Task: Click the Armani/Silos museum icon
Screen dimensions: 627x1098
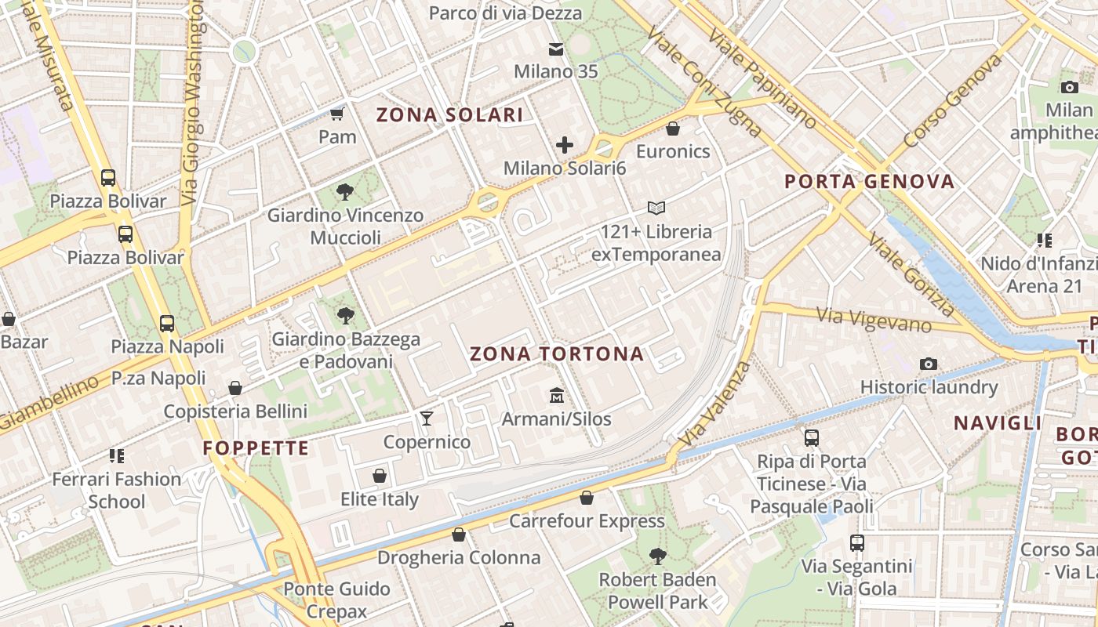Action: pyautogui.click(x=557, y=394)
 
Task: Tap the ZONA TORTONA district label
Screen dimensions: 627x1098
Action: pyautogui.click(x=557, y=354)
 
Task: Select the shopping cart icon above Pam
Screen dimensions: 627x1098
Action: pyautogui.click(x=337, y=114)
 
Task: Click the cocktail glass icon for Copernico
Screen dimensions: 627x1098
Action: pyautogui.click(x=426, y=418)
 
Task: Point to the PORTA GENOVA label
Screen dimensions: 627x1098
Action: pyautogui.click(x=870, y=182)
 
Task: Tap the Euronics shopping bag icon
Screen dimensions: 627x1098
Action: pyautogui.click(x=673, y=129)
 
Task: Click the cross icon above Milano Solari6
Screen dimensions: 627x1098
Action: pyautogui.click(x=565, y=145)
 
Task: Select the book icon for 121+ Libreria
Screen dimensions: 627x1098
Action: pyautogui.click(x=656, y=208)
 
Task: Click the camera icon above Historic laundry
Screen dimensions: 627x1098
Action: pyautogui.click(x=929, y=364)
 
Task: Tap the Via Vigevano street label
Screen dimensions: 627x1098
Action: pyautogui.click(x=874, y=320)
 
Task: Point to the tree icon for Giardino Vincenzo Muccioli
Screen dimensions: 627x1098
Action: pyautogui.click(x=344, y=191)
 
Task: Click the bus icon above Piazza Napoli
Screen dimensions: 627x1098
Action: pyautogui.click(x=167, y=323)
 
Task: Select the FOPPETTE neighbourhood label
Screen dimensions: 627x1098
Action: pyautogui.click(x=256, y=448)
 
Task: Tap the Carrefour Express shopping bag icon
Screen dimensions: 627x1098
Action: pyautogui.click(x=587, y=498)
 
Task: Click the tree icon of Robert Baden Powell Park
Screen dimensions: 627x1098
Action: pyautogui.click(x=657, y=556)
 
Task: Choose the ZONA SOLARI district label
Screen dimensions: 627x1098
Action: pyautogui.click(x=449, y=115)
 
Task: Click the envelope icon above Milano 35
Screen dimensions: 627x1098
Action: pyautogui.click(x=556, y=49)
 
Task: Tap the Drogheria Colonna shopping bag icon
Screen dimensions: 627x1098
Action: pyautogui.click(x=459, y=535)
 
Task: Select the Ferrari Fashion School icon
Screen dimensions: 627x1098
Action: pyautogui.click(x=117, y=455)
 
